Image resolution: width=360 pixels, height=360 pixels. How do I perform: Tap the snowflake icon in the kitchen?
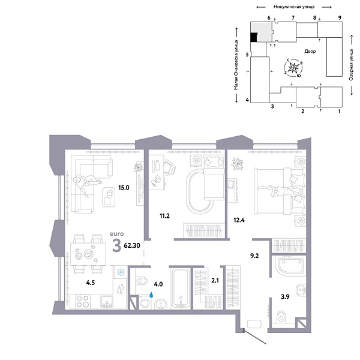tap(119, 272)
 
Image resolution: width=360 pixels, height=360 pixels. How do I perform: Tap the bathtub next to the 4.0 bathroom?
tap(181, 289)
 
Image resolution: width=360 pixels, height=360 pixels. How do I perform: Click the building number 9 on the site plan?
tap(340, 19)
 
